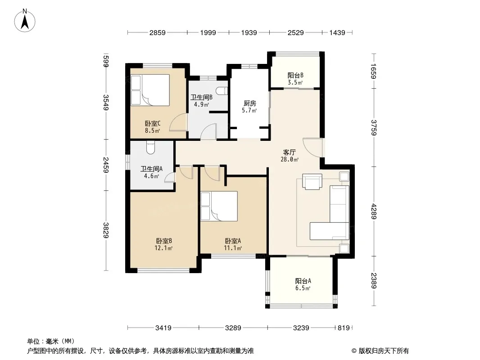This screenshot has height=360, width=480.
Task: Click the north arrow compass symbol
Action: coord(25,21)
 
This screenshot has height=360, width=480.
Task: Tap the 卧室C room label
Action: coord(153,124)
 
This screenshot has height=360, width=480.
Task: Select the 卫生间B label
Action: coord(201,97)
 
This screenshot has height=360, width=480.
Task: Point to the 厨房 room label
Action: coord(249,103)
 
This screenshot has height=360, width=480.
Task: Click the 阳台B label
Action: coord(295,75)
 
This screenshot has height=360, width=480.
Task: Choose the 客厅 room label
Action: coord(289,152)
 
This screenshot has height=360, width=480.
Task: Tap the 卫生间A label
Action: coord(152,169)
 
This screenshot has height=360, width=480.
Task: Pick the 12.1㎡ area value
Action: coord(163,248)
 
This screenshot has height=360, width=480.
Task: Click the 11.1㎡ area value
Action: coord(233,248)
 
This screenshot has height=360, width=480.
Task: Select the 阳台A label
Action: coord(303,281)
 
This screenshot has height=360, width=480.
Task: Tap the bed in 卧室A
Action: coord(219,206)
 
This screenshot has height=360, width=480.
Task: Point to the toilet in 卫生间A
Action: coord(150,148)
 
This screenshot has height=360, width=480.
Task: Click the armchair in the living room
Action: coord(312,182)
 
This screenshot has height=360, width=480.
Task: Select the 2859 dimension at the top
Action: coord(157,32)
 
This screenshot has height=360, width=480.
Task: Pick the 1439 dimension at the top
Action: coord(337,32)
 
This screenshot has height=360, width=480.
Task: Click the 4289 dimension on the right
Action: coord(373,211)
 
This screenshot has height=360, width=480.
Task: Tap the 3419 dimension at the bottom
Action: coord(163,328)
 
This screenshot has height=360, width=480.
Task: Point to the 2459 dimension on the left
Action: coord(106,165)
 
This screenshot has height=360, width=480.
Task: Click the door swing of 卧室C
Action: coord(178,122)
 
